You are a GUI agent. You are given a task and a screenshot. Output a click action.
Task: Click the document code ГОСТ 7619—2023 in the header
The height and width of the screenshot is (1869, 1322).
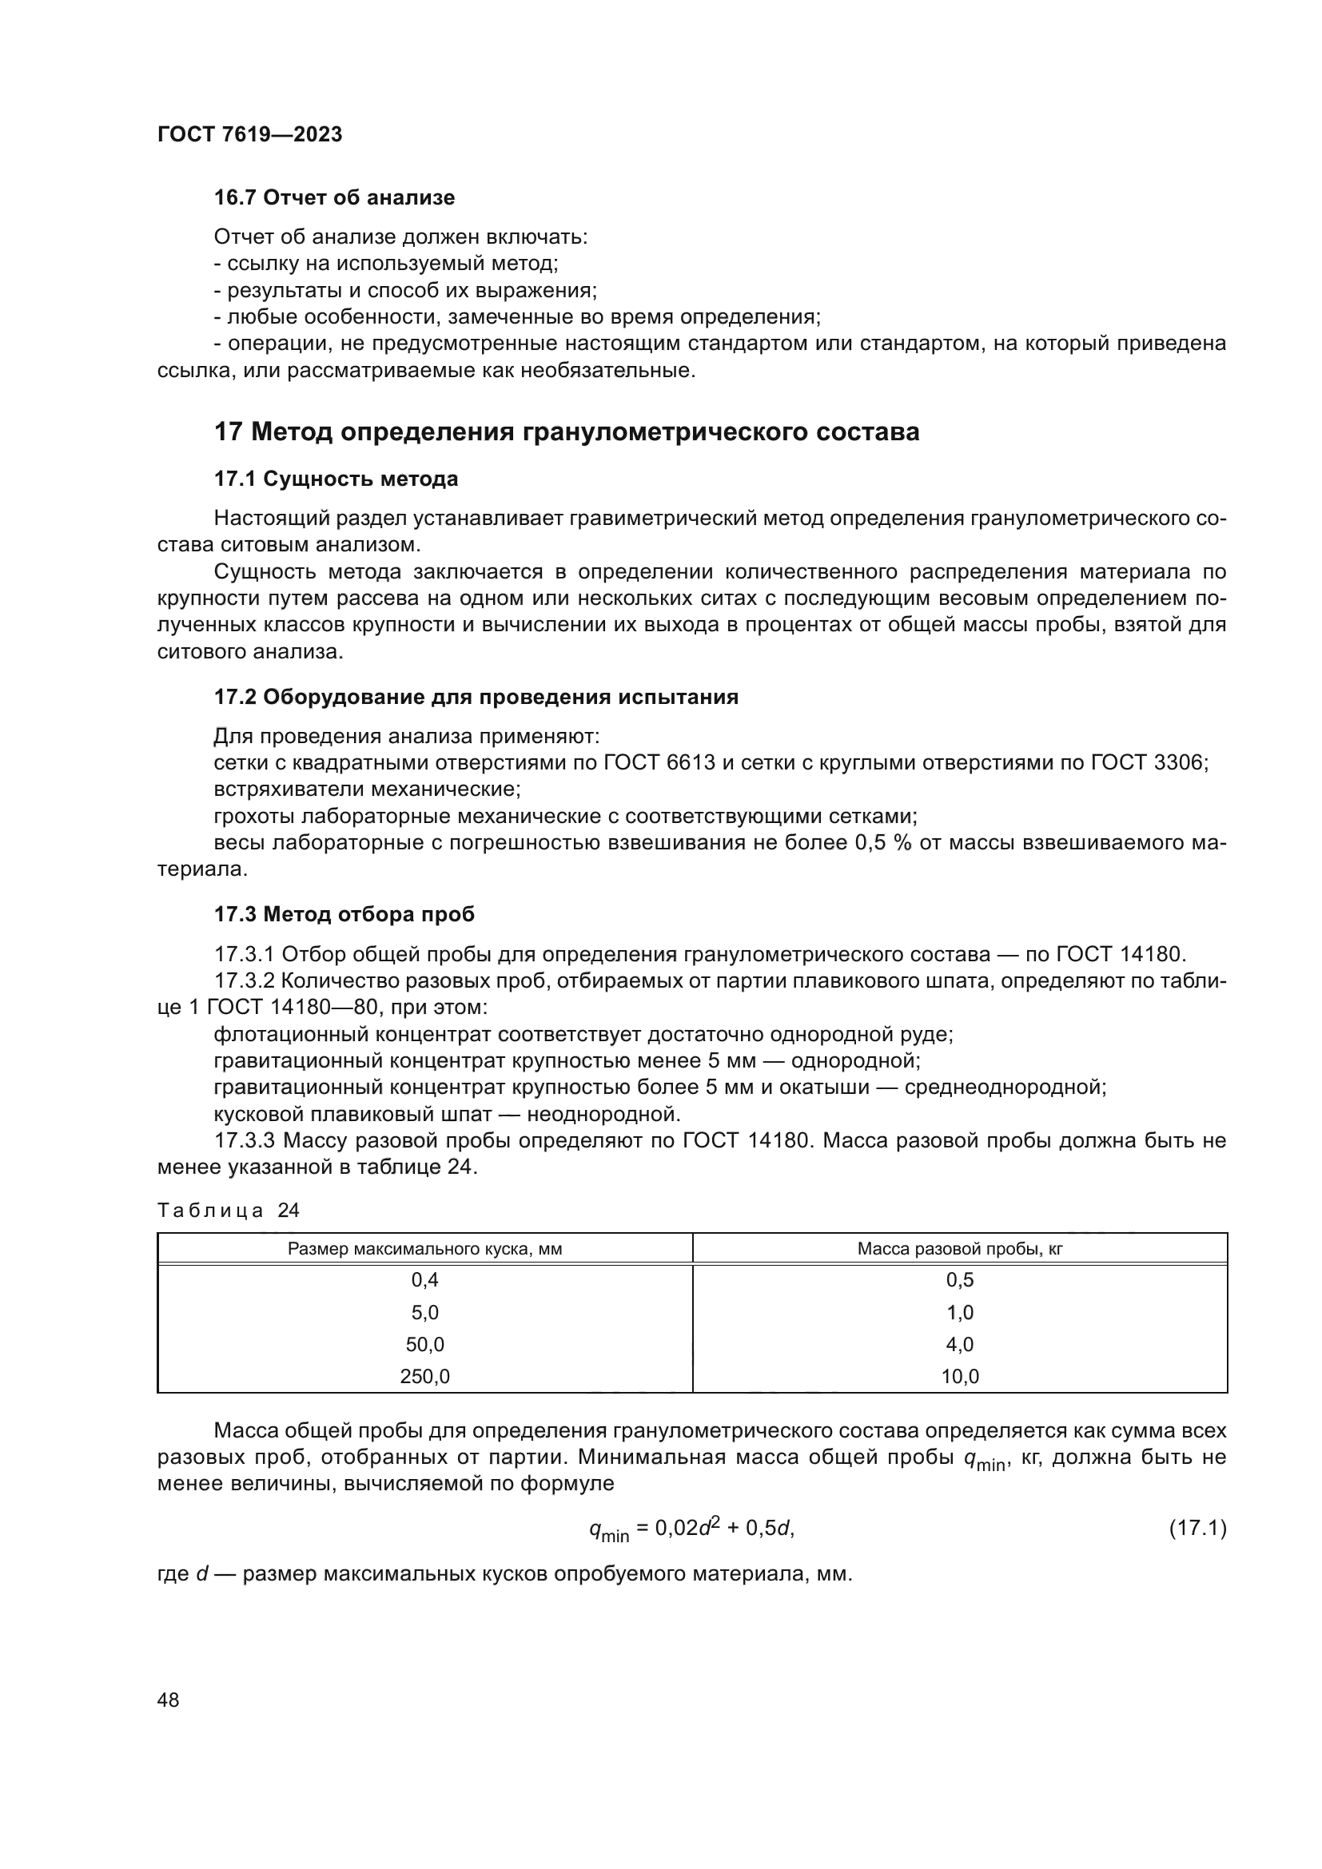pos(249,134)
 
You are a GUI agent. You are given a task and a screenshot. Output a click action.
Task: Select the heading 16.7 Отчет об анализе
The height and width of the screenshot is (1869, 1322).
pos(334,198)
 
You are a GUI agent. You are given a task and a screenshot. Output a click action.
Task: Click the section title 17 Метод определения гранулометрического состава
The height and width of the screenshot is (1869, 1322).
pos(567,431)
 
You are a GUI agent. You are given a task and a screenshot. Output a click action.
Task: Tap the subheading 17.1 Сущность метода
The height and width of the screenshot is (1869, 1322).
pos(336,479)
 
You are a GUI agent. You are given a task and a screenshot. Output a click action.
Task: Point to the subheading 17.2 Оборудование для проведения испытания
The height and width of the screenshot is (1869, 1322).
pos(476,697)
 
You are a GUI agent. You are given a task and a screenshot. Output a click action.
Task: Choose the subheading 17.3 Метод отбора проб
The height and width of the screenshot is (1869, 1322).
pos(344,914)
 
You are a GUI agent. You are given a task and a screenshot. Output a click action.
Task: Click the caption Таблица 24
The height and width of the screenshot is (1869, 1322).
pos(228,1211)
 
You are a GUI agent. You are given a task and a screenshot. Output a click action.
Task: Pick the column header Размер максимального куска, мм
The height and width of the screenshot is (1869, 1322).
pos(424,1249)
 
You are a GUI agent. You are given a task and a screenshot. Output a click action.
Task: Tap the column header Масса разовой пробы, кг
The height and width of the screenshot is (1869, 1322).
pos(960,1249)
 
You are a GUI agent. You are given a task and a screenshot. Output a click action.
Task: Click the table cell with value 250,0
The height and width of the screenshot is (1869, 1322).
pos(424,1377)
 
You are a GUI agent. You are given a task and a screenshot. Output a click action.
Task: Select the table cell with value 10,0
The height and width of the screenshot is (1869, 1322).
pos(960,1377)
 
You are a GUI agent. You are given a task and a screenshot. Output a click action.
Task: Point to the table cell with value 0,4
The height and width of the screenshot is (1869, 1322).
pos(424,1279)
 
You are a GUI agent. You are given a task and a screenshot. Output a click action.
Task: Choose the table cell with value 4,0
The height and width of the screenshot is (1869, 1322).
pos(960,1344)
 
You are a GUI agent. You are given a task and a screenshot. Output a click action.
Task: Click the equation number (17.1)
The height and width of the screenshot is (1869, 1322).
pos(1197,1529)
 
